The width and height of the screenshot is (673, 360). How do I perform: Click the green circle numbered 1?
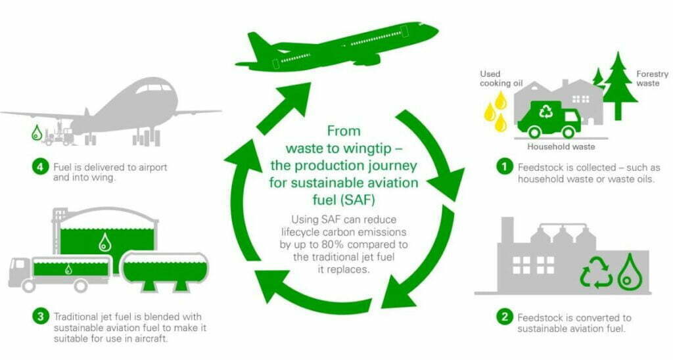tap(505, 167)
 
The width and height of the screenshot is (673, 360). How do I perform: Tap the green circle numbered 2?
tap(505, 317)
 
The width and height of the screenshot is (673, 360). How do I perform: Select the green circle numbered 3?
tap(40, 317)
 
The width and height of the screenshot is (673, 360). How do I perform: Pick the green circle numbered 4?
tap(40, 166)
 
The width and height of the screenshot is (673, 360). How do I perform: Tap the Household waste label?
tap(561, 146)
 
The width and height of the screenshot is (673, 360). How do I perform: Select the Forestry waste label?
tap(652, 79)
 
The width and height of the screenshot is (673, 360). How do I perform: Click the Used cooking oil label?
tap(501, 79)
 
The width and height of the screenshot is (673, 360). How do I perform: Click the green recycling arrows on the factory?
tap(597, 272)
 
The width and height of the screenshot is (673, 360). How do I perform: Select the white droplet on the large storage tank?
tap(104, 242)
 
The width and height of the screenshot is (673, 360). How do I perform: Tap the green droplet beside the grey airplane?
tap(37, 133)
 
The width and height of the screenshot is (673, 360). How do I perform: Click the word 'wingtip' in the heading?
tap(367, 148)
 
